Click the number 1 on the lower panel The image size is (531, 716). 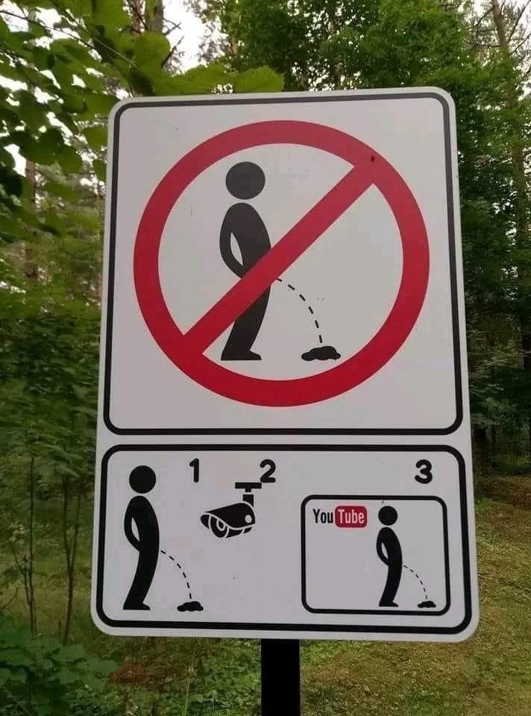195,471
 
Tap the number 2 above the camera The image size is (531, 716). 268,471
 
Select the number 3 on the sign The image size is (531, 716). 424,471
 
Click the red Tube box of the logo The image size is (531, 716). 351,517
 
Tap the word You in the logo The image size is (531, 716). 323,516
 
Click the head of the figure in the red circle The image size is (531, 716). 245,180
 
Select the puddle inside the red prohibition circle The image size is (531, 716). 321,354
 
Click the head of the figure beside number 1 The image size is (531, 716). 142,480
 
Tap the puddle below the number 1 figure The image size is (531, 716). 190,607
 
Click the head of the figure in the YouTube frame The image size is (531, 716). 388,516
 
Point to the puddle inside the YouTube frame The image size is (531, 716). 427,605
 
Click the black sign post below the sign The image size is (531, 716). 280,677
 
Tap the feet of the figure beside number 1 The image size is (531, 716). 136,606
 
